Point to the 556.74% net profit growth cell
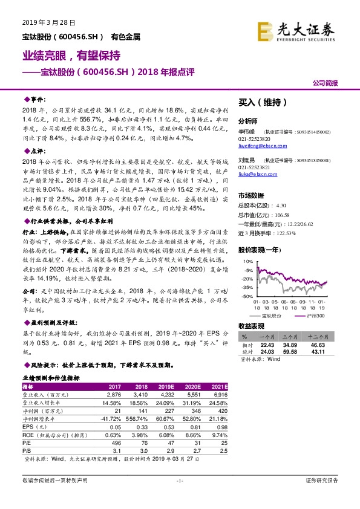pos(138,417)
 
